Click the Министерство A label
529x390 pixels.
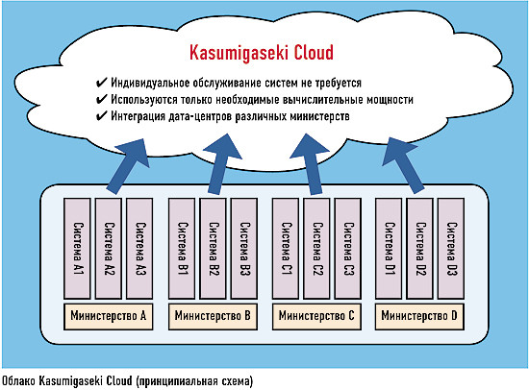pos(109,314)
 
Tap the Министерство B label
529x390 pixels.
pos(214,314)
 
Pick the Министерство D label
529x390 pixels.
pos(420,314)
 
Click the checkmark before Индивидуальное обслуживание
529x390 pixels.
pos(101,82)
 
